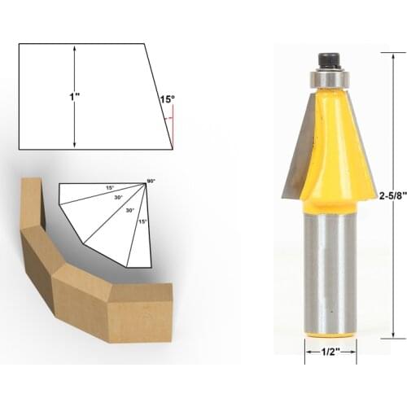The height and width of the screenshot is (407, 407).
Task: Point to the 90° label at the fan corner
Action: (151, 180)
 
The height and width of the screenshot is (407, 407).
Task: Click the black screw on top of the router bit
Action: (329, 59)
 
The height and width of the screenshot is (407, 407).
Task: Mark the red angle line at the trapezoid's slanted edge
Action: (172, 126)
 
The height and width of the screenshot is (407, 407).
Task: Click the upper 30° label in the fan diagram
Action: (119, 197)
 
